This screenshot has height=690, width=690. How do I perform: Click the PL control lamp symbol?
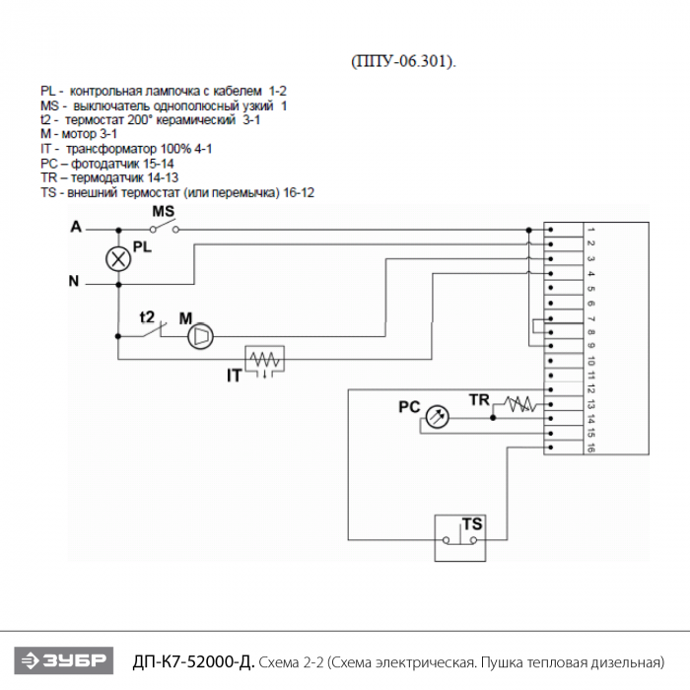pos(118,259)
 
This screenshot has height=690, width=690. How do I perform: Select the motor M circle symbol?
pos(200,337)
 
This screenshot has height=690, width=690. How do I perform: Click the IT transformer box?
pos(264,361)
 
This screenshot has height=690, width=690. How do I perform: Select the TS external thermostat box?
pos(460,538)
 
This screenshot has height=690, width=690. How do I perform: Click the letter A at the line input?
pos(76,228)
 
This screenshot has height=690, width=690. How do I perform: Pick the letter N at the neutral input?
pos(73,282)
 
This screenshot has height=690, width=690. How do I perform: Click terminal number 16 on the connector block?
pos(589,448)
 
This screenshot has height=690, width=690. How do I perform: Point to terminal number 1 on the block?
pos(589,230)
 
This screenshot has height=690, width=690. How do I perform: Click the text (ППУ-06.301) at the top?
pos(404,61)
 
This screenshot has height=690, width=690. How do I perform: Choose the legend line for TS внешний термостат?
pos(177,192)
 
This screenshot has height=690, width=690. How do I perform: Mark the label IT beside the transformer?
pos(234,376)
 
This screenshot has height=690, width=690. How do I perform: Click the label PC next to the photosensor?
pos(409,406)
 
